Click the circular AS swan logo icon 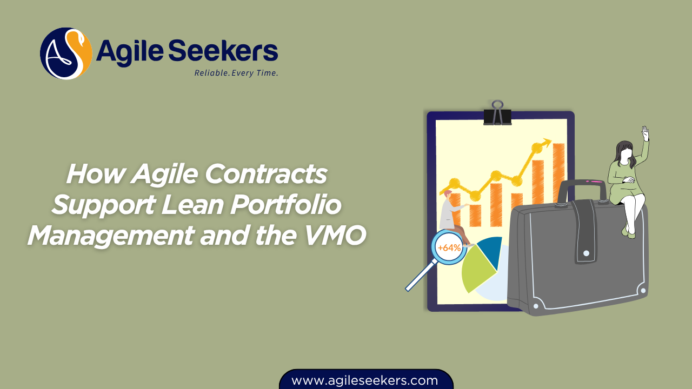point(66,53)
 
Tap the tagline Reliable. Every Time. point(236,73)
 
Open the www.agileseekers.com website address point(364,380)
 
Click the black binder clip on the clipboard point(497,114)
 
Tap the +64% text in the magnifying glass point(449,248)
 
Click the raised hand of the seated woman point(644,133)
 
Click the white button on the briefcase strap point(586,253)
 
